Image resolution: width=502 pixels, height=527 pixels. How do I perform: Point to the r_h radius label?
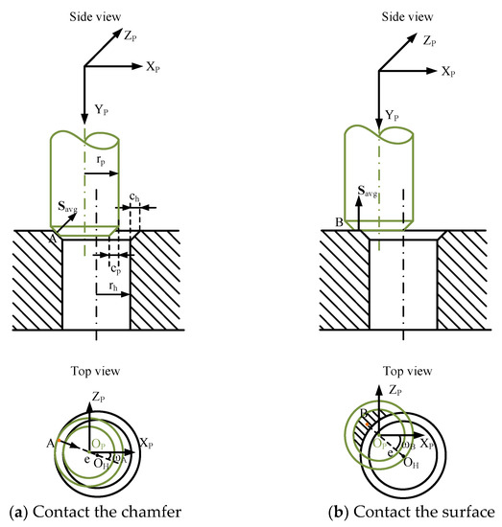coord(114,286)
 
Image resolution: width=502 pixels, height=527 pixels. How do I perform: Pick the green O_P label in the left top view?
coord(100,446)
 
